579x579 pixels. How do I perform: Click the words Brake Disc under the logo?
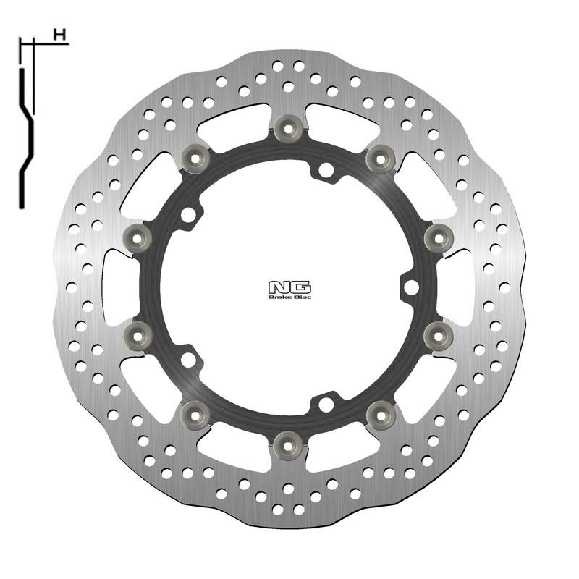coord(289,297)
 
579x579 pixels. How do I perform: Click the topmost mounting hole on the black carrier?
coord(326,171)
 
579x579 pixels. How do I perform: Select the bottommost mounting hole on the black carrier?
coord(326,404)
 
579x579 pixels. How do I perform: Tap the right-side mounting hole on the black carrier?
coord(411,287)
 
